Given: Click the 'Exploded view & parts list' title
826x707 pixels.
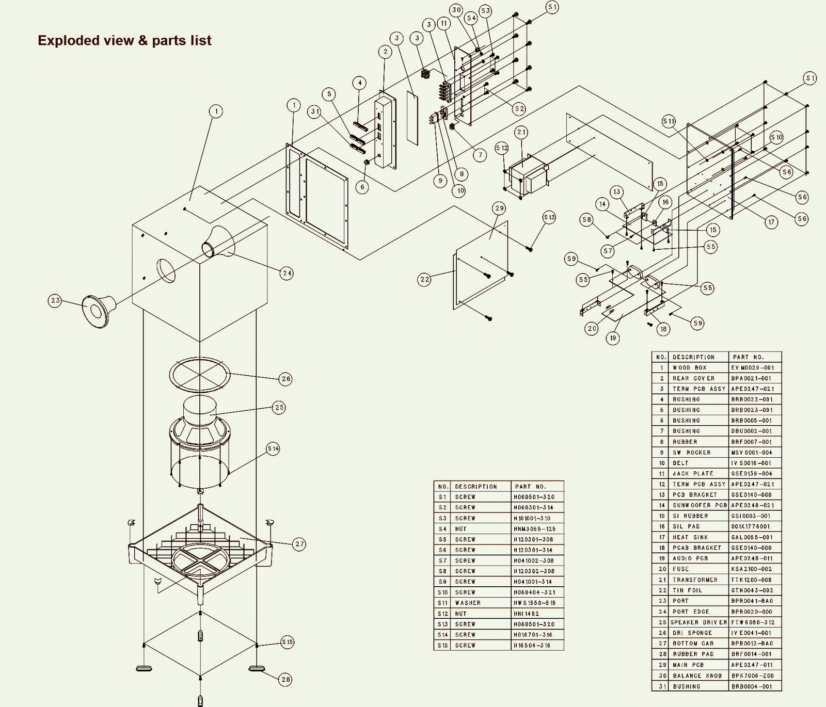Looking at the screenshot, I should [x=124, y=40].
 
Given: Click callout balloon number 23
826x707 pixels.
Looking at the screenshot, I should [x=55, y=300].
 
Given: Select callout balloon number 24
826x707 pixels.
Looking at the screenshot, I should [x=287, y=273].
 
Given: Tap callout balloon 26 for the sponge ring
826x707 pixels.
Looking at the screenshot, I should [x=285, y=379].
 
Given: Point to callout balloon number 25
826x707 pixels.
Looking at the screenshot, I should [x=279, y=407].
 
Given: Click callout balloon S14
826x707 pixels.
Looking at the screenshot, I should [x=273, y=449].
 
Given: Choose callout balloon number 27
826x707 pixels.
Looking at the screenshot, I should [x=299, y=543].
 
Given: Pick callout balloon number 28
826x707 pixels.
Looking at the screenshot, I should [x=285, y=680].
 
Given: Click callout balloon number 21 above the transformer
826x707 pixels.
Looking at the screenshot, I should [x=521, y=133].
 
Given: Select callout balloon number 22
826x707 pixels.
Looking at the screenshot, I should [x=424, y=279].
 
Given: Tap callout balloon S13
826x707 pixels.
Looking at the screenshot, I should [x=549, y=217].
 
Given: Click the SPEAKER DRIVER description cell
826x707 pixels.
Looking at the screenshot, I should [x=698, y=622].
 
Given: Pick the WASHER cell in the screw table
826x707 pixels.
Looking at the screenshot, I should [x=468, y=603].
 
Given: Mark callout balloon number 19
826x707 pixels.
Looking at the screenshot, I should [x=613, y=339].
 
